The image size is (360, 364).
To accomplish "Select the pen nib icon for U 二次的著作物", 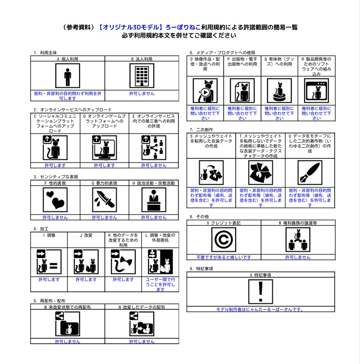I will (x=309, y=173).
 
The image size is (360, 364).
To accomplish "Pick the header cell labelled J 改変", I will (x=86, y=235).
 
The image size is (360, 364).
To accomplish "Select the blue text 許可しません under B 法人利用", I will (x=142, y=93).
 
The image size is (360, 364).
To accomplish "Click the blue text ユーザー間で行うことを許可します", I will (x=161, y=284).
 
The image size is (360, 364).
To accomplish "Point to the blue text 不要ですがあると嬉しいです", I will (x=223, y=257).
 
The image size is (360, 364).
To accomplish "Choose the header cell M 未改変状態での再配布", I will (x=67, y=307).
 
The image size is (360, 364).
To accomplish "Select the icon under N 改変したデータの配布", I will (x=142, y=324).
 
